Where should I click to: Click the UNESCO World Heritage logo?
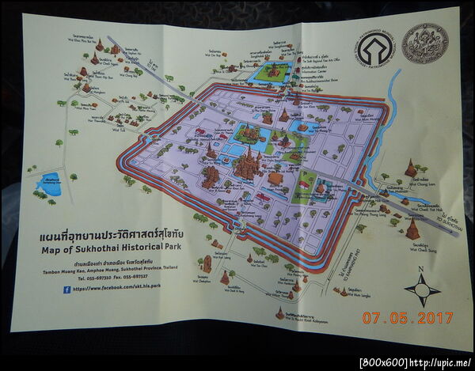(x=375, y=50)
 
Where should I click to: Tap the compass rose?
(x=422, y=290)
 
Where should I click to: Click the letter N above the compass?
(x=422, y=271)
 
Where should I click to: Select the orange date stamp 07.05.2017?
(x=408, y=317)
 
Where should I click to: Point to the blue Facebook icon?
(x=66, y=289)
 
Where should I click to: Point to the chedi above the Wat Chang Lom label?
(x=410, y=168)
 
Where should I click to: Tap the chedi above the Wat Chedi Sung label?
(x=412, y=229)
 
